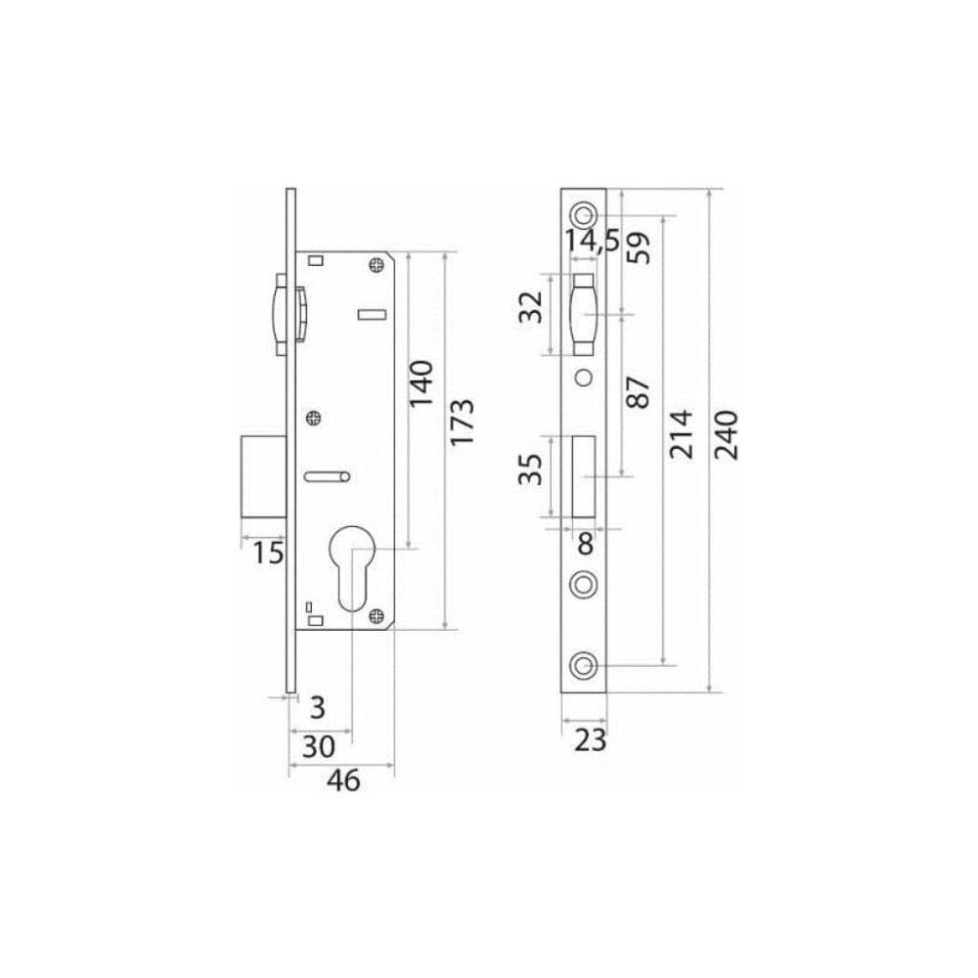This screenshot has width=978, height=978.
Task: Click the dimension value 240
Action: (726, 435)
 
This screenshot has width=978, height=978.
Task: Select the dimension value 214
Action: (681, 434)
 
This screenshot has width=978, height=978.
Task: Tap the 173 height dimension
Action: (463, 422)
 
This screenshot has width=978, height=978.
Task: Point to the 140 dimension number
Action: (421, 383)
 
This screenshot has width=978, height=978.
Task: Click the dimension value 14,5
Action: (593, 241)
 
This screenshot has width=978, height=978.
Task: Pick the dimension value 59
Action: (638, 247)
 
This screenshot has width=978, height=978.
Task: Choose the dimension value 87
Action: (638, 392)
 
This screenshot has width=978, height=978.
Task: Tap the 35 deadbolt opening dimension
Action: (531, 469)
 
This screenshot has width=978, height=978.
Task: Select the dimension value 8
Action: (585, 544)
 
